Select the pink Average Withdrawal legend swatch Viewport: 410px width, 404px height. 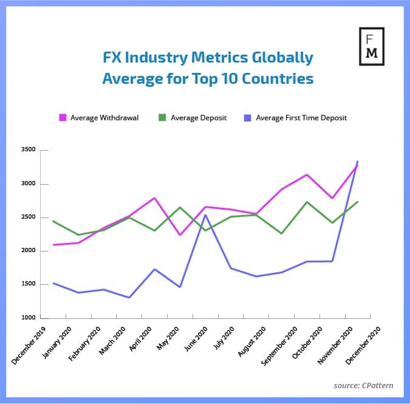coord(62,117)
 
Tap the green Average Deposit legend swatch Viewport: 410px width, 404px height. coord(162,117)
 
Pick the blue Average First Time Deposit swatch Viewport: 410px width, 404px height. coord(247,117)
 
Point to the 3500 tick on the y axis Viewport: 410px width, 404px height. coord(29,150)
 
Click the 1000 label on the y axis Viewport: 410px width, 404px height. coord(29,318)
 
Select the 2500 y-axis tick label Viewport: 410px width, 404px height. coord(29,217)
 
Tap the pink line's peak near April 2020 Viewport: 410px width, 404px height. coord(155,198)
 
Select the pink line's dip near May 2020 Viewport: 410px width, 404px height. coord(180,235)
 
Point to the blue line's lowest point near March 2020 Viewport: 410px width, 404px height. coord(129,298)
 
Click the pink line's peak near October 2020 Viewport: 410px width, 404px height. coord(308,175)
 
